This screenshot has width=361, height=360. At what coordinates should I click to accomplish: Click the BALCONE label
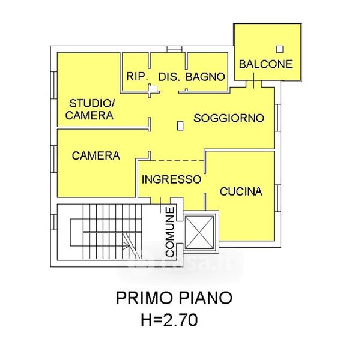[265, 64]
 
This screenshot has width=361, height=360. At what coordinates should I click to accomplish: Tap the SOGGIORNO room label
[229, 118]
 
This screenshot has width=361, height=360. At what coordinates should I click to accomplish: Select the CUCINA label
[241, 191]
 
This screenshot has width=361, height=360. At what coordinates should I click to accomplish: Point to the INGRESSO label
[172, 179]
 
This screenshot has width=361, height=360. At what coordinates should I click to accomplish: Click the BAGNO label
[205, 77]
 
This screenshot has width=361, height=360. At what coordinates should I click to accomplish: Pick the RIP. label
[137, 76]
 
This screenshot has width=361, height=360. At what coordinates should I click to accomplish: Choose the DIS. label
[169, 77]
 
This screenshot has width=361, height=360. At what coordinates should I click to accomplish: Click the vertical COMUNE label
[170, 232]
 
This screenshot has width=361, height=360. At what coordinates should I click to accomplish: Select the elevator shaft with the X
[199, 232]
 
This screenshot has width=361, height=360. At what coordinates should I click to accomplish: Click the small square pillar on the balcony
[280, 49]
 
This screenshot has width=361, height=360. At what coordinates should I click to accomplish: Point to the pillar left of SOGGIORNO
[180, 125]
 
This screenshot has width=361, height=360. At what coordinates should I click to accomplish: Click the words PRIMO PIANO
[174, 298]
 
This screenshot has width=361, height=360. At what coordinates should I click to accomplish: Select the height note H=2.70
[169, 320]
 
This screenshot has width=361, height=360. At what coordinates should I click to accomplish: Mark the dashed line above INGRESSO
[177, 160]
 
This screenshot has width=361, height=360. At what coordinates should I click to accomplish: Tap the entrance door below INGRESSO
[160, 201]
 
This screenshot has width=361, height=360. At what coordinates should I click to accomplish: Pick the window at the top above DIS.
[175, 49]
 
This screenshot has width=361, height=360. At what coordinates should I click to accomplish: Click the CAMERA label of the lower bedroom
[96, 156]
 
